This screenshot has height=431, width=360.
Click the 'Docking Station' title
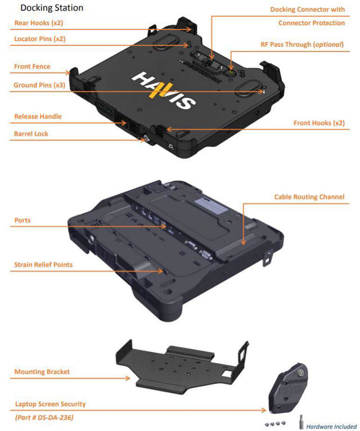coord(52,8)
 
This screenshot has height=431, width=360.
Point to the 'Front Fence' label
coord(32,66)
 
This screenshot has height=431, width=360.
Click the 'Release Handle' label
coord(38,116)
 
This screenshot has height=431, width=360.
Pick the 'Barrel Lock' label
coord(31,134)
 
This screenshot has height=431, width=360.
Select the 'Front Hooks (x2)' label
coord(319,123)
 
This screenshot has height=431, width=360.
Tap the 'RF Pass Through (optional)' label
coord(304,44)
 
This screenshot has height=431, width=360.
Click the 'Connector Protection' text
coord(312,23)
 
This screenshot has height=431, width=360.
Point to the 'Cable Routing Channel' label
coord(309,197)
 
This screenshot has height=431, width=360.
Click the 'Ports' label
coord(22,220)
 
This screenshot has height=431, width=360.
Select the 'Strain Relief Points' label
coord(43,264)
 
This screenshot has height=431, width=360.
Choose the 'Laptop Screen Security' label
coord(50,404)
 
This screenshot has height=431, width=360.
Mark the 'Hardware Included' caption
coord(331,426)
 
